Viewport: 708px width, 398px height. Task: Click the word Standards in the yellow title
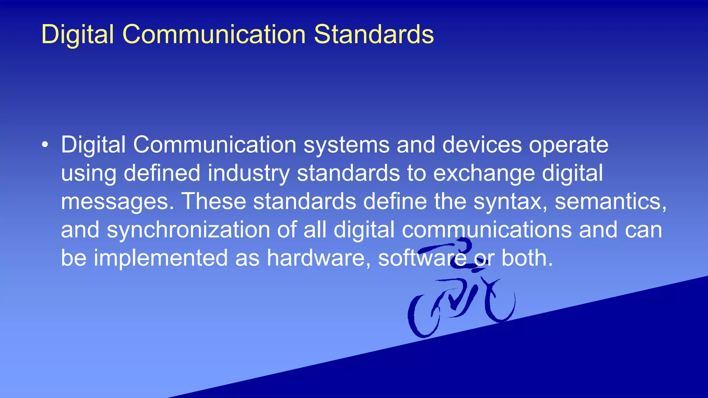374,35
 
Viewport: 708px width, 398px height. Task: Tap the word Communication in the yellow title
214,35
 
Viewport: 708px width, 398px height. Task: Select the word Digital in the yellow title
77,35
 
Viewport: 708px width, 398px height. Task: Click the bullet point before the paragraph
45,145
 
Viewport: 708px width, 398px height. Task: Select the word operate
568,145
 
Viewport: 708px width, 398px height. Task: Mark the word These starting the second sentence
213,201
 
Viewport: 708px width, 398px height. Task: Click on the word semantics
611,201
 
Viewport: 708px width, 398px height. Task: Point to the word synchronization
188,230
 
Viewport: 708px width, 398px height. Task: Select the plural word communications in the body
487,230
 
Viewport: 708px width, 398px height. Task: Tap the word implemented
161,258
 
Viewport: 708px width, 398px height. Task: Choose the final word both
527,258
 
